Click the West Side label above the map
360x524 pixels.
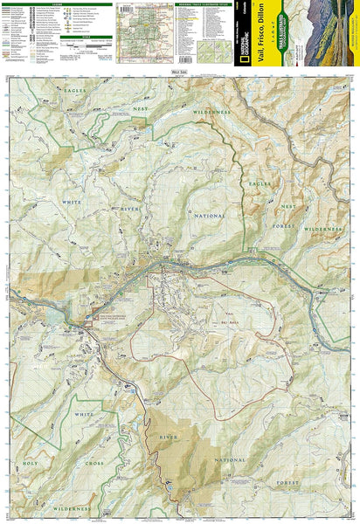pos(179,72)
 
